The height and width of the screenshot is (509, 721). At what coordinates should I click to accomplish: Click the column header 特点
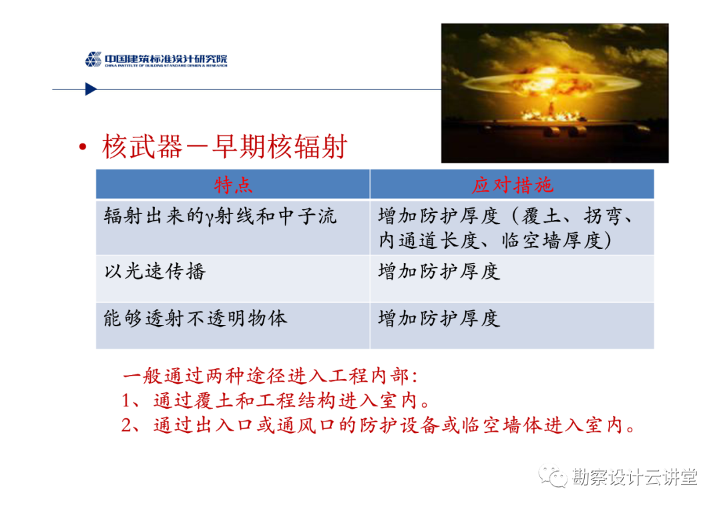pyautogui.click(x=233, y=185)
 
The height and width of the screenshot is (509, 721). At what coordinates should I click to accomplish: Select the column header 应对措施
pyautogui.click(x=512, y=185)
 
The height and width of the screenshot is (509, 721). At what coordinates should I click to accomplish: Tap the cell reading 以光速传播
pyautogui.click(x=155, y=272)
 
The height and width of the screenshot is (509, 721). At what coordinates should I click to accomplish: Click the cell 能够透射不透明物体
pyautogui.click(x=196, y=318)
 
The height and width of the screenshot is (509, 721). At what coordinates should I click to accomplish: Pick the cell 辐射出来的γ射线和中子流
pyautogui.click(x=220, y=216)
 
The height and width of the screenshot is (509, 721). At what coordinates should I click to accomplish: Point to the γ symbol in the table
pyautogui.click(x=209, y=218)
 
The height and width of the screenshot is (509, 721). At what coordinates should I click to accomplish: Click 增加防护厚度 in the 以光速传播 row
pyautogui.click(x=439, y=272)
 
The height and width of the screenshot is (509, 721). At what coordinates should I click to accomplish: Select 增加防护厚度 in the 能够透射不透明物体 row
pyautogui.click(x=439, y=318)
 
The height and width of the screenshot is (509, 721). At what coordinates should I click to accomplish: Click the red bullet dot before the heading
pyautogui.click(x=83, y=147)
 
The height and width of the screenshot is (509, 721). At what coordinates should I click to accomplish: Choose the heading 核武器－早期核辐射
pyautogui.click(x=224, y=147)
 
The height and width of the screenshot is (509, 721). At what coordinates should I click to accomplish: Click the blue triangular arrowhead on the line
pyautogui.click(x=91, y=89)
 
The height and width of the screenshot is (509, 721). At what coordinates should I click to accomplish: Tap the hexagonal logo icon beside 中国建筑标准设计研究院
pyautogui.click(x=93, y=59)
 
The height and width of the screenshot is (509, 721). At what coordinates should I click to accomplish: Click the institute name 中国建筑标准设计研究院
pyautogui.click(x=166, y=59)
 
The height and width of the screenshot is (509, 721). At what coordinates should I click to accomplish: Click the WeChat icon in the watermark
pyautogui.click(x=553, y=477)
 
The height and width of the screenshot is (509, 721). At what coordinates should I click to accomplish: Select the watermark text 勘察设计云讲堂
pyautogui.click(x=635, y=477)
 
